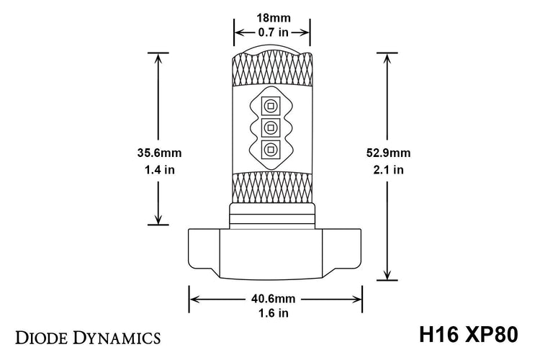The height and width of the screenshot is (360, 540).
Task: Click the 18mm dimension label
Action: (x=271, y=18)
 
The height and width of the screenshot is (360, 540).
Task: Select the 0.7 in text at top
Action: (x=271, y=32)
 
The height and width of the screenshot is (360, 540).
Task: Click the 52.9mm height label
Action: (x=389, y=153)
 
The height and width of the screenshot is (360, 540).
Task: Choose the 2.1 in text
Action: (x=389, y=171)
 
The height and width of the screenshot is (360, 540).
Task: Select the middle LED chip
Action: (x=271, y=129)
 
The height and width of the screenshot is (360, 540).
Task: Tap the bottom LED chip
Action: (x=271, y=150)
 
